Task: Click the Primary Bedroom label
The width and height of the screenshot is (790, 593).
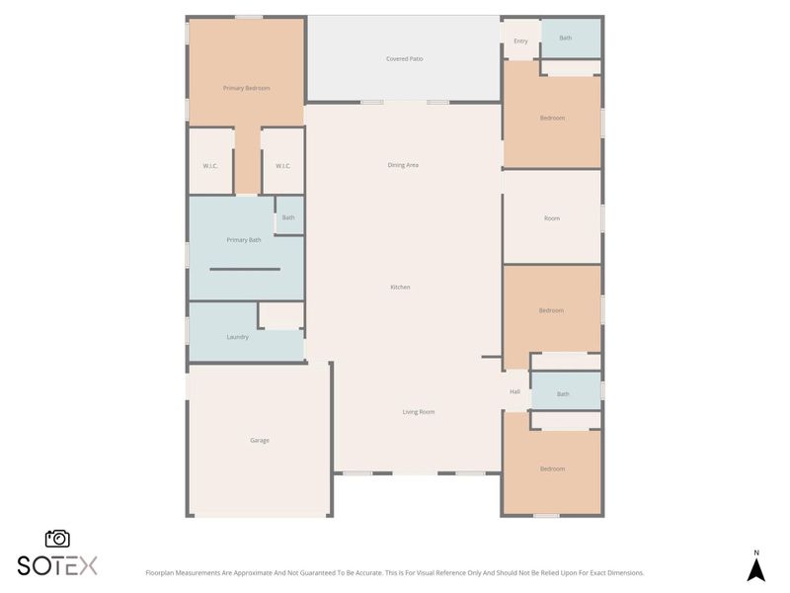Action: [246, 88]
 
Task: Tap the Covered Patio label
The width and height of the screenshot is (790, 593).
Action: [404, 59]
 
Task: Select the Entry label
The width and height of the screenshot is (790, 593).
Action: [520, 42]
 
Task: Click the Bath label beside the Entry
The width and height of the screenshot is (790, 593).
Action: [565, 39]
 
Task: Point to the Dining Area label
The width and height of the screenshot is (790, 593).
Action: [403, 165]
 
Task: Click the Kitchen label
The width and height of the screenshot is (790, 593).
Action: [400, 288]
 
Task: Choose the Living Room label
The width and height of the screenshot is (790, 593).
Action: [418, 412]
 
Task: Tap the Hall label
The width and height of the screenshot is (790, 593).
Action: [514, 392]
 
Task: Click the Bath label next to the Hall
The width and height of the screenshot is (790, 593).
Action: [563, 394]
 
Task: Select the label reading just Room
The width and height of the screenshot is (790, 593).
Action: [552, 218]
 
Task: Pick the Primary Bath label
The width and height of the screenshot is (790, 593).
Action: [244, 240]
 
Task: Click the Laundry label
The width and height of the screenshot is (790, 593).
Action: [237, 337]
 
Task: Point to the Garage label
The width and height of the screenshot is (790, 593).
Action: [259, 441]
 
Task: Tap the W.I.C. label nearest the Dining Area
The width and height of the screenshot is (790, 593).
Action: [282, 166]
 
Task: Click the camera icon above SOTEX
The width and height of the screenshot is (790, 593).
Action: [57, 539]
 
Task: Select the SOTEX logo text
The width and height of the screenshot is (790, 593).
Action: [57, 565]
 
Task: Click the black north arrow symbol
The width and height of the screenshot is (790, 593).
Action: [756, 570]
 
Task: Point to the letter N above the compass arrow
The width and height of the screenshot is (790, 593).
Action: [756, 552]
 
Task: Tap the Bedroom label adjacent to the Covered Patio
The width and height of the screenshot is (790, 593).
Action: [552, 119]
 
